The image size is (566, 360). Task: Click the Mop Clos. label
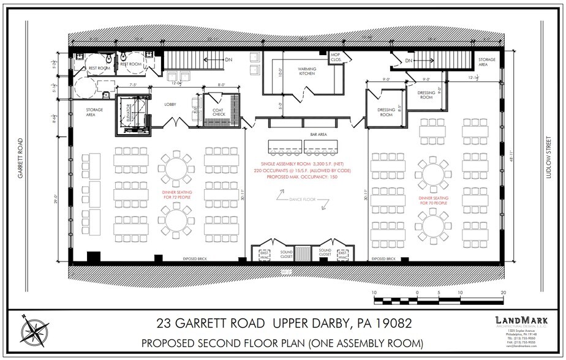(336, 57)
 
